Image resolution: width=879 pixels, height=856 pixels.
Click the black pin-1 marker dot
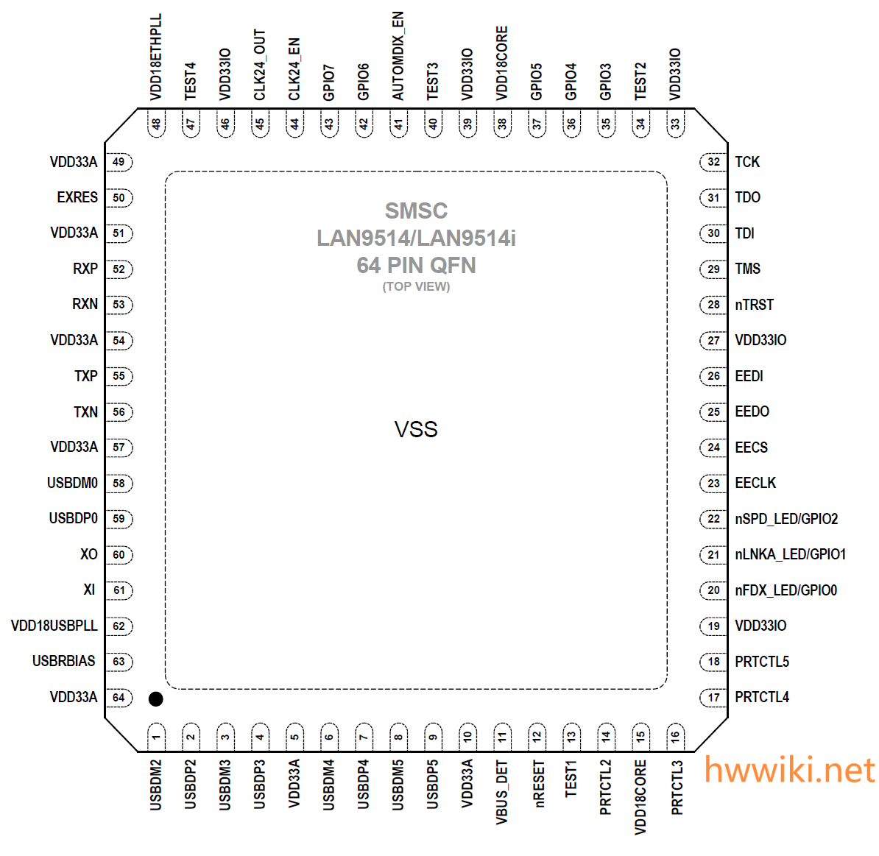click(155, 699)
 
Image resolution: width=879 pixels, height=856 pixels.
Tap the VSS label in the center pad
click(416, 430)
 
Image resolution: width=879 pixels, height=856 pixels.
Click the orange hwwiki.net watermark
click(789, 771)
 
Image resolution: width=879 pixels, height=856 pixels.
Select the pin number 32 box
click(713, 162)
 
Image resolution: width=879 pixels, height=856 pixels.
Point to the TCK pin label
click(747, 162)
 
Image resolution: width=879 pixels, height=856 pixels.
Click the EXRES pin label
click(77, 197)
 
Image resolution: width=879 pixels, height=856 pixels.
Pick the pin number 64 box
click(119, 697)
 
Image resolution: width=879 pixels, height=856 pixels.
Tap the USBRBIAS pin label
click(64, 661)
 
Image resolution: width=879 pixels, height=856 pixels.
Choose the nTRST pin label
click(755, 305)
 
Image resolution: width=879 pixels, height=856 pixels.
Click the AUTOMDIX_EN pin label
click(398, 56)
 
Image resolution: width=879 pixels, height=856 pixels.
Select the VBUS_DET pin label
click(502, 792)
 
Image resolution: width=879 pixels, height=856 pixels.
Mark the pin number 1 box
click(156, 736)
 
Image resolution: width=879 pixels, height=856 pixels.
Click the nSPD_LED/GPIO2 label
click(786, 519)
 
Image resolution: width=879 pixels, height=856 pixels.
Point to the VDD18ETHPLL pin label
click(156, 57)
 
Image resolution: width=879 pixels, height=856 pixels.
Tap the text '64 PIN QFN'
click(416, 265)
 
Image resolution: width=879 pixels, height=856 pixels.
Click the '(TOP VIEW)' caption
click(416, 286)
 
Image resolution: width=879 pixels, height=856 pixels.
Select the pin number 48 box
click(156, 124)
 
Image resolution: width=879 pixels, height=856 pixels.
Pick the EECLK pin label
click(755, 483)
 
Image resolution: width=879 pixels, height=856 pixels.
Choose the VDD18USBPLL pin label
click(54, 626)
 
